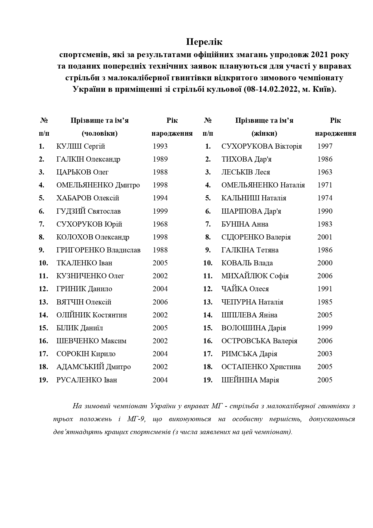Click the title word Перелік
click(x=204, y=42)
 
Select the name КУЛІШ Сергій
click(x=81, y=147)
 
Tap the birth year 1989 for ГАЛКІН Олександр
click(x=160, y=159)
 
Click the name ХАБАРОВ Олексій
click(x=88, y=198)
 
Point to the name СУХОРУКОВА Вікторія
click(x=261, y=147)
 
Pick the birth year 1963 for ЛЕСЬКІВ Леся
click(x=325, y=172)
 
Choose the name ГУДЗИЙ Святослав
click(x=88, y=211)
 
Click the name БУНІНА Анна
click(x=245, y=224)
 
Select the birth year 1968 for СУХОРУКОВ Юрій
click(x=160, y=224)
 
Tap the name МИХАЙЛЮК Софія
click(x=255, y=276)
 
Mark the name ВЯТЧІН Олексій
click(x=84, y=302)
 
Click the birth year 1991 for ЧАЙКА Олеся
click(x=325, y=289)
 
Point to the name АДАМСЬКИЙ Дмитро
click(x=93, y=367)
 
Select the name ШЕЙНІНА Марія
click(x=250, y=380)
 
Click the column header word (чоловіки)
click(x=99, y=134)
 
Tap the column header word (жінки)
click(x=264, y=134)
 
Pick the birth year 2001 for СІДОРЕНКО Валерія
click(x=325, y=237)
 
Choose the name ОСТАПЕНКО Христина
click(x=261, y=367)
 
